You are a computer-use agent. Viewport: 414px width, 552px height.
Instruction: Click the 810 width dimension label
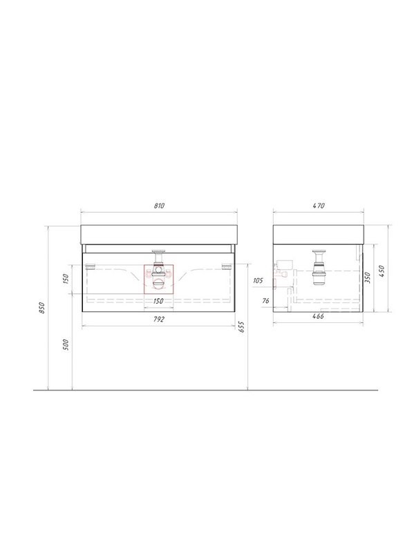[160, 206]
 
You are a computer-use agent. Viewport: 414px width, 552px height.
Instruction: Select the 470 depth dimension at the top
[319, 206]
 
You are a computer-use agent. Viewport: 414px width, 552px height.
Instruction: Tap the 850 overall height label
[42, 308]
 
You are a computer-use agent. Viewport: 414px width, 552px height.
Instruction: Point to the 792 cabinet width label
[159, 319]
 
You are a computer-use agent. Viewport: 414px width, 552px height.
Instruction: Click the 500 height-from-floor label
[66, 344]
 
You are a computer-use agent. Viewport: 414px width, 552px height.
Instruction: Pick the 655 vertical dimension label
[242, 327]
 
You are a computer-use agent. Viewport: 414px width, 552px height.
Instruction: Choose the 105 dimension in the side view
[258, 281]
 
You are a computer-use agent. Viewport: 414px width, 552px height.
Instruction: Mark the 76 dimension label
[266, 300]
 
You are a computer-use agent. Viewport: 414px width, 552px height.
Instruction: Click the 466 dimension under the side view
[318, 316]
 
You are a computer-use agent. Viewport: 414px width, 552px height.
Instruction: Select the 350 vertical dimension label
[368, 278]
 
